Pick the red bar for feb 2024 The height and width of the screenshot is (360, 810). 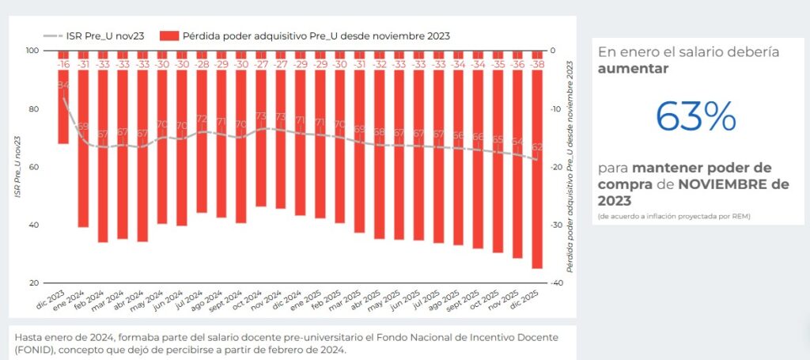tap(103, 158)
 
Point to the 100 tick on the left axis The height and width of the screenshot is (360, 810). tap(32, 51)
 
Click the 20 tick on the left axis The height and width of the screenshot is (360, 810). tap(35, 282)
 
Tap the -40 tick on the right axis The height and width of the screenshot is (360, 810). tap(558, 282)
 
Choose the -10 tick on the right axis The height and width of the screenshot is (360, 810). tap(558, 108)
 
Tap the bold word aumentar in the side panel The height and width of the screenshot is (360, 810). tap(633, 69)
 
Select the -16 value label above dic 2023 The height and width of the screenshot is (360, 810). tap(63, 64)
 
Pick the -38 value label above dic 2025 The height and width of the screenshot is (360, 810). tap(537, 64)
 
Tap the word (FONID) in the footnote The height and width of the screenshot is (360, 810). tap(35, 350)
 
